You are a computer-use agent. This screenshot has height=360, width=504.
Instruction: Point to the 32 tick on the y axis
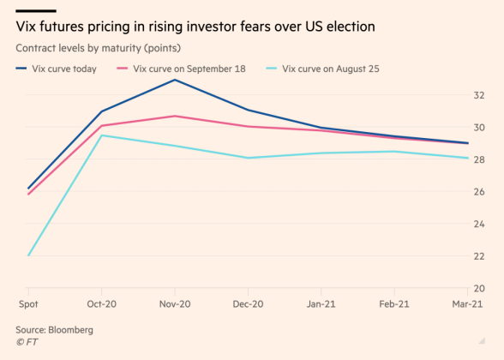click(480, 95)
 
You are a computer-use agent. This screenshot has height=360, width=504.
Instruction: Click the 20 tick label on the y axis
click(480, 288)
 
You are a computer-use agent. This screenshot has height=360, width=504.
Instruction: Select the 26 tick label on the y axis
click(480, 192)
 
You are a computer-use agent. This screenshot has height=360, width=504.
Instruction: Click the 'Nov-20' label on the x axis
click(175, 304)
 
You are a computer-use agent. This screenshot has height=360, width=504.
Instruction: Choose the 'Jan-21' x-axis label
click(321, 304)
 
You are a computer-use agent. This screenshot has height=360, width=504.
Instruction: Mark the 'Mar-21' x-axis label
click(466, 304)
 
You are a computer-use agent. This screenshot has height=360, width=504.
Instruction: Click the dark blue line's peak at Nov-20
click(175, 80)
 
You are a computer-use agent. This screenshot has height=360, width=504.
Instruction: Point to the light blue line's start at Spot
click(28, 255)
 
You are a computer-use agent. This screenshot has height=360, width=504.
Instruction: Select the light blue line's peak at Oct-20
click(102, 135)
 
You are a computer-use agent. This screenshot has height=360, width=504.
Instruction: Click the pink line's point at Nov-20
click(175, 116)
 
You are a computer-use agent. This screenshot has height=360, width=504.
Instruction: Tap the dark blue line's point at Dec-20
click(249, 110)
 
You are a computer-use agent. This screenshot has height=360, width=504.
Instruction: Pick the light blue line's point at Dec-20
click(249, 158)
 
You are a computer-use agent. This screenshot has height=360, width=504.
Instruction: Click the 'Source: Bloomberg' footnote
click(54, 329)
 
